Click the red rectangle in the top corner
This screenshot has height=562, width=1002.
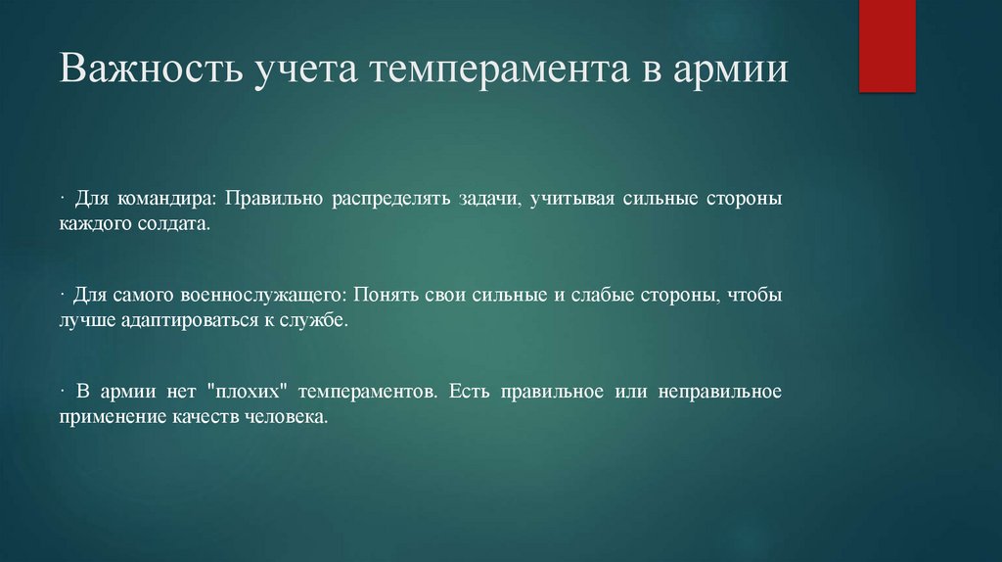[x=887, y=46]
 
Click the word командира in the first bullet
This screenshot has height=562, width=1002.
[x=166, y=199]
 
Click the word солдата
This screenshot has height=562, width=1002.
[x=178, y=224]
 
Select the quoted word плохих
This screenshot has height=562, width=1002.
[x=235, y=391]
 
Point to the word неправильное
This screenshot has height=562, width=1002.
[x=719, y=391]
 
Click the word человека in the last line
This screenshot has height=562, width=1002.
[x=287, y=416]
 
